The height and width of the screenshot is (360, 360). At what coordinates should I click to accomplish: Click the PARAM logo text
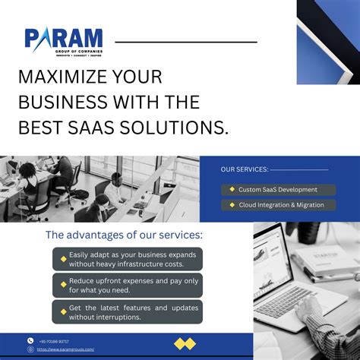[x=63, y=38]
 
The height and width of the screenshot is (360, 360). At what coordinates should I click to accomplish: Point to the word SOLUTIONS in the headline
[x=180, y=128]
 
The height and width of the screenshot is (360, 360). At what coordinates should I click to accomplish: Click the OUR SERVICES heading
[x=245, y=169]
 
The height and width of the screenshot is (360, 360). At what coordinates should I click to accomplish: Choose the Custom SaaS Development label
[x=278, y=189]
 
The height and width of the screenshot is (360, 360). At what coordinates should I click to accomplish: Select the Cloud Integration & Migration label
[x=282, y=205]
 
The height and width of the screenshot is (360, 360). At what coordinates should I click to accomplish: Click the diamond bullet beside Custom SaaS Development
[x=231, y=189]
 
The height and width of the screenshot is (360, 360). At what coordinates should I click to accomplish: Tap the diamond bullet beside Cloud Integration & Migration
[x=231, y=205]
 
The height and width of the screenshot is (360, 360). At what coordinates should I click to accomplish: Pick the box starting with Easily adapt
[x=127, y=259]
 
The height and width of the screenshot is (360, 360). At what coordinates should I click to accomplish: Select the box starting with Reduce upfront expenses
[x=127, y=285]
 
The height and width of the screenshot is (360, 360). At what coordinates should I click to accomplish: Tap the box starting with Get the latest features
[x=127, y=311]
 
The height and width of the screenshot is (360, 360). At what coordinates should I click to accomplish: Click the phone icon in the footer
[x=31, y=341]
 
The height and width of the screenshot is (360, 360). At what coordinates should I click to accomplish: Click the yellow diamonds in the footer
[x=185, y=344]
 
